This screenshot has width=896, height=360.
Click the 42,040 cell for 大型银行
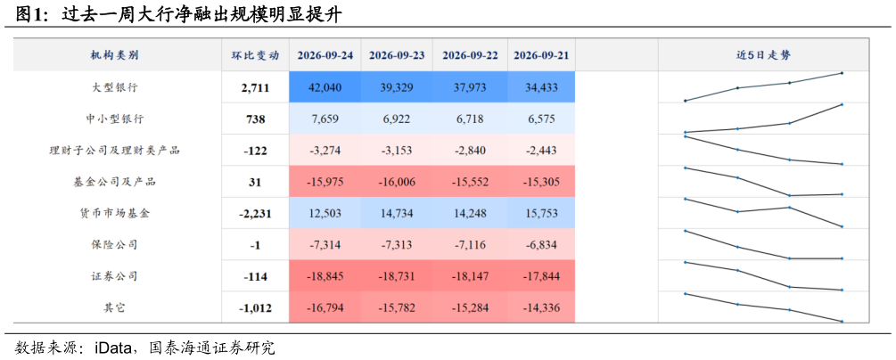pyautogui.click(x=325, y=87)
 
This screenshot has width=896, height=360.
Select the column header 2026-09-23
pyautogui.click(x=397, y=55)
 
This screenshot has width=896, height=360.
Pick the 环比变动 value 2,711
pyautogui.click(x=254, y=88)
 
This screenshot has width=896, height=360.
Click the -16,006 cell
pyautogui.click(x=397, y=183)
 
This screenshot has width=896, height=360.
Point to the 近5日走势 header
pyautogui.click(x=763, y=55)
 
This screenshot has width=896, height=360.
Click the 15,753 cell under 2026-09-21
pyautogui.click(x=540, y=213)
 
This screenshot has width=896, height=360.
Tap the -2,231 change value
pyautogui.click(x=254, y=214)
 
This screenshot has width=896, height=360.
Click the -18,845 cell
pyautogui.click(x=325, y=276)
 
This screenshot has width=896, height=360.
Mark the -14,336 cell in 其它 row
pyautogui.click(x=540, y=307)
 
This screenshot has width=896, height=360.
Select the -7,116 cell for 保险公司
pyautogui.click(x=470, y=244)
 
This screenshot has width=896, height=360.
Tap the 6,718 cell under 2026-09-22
pyautogui.click(x=470, y=119)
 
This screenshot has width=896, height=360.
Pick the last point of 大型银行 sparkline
pyautogui.click(x=842, y=73)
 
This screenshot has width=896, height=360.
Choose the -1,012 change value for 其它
pyautogui.click(x=254, y=308)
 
